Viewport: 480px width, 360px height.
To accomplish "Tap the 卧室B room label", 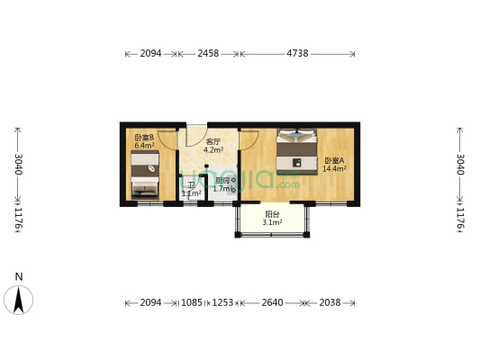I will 144,138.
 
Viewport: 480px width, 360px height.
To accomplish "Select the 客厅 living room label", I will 213,142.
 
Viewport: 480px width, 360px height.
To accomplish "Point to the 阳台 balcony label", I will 272,214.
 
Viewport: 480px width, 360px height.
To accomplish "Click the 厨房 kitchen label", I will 222,180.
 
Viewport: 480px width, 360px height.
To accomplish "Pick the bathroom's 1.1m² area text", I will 191,193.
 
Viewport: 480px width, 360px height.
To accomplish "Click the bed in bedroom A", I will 297,151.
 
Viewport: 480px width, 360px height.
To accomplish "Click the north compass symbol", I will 18,300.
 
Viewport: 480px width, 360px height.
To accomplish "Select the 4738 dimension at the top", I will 297,54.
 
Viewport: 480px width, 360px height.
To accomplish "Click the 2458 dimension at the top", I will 208,54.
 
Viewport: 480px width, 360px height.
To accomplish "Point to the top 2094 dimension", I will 150,54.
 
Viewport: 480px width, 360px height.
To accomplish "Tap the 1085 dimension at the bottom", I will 193,302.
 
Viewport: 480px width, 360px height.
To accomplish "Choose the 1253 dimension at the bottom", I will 222,302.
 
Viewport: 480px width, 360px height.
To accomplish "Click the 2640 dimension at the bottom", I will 270,302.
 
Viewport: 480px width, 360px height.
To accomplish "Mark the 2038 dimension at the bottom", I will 330,302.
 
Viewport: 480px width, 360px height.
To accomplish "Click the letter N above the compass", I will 18,277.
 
